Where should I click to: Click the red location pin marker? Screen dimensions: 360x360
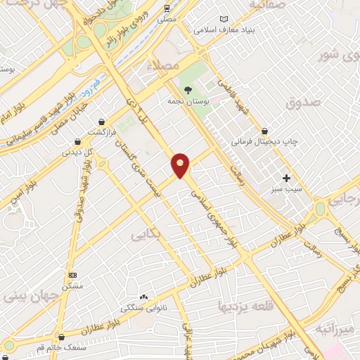coord(181,165)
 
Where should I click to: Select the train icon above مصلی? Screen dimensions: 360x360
coord(167,9)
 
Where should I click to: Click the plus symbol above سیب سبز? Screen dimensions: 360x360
coord(286,178)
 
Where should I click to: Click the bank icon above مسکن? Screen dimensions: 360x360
coord(72,275)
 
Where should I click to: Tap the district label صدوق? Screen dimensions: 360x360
coord(303,103)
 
